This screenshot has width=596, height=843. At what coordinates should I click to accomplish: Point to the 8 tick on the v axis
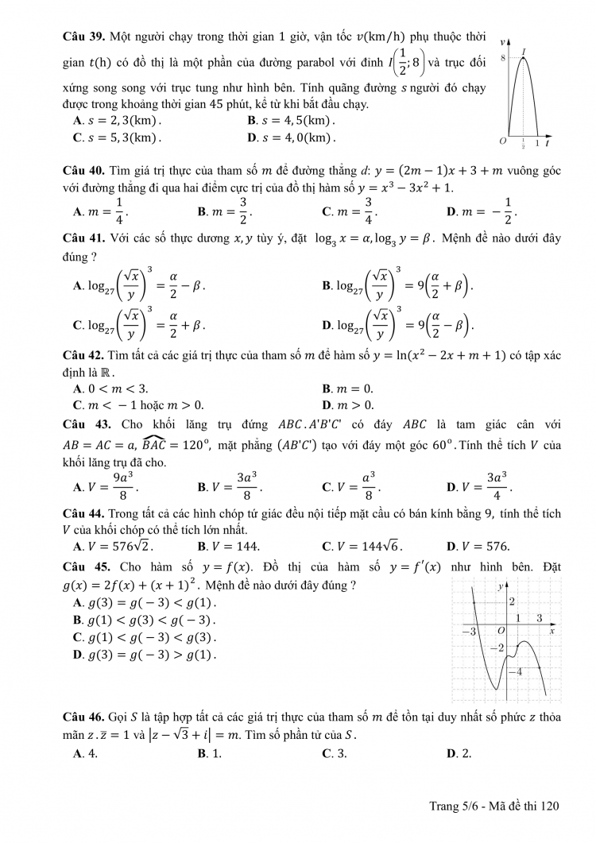pos(503,59)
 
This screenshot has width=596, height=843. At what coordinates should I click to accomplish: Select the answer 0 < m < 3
pos(116,389)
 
